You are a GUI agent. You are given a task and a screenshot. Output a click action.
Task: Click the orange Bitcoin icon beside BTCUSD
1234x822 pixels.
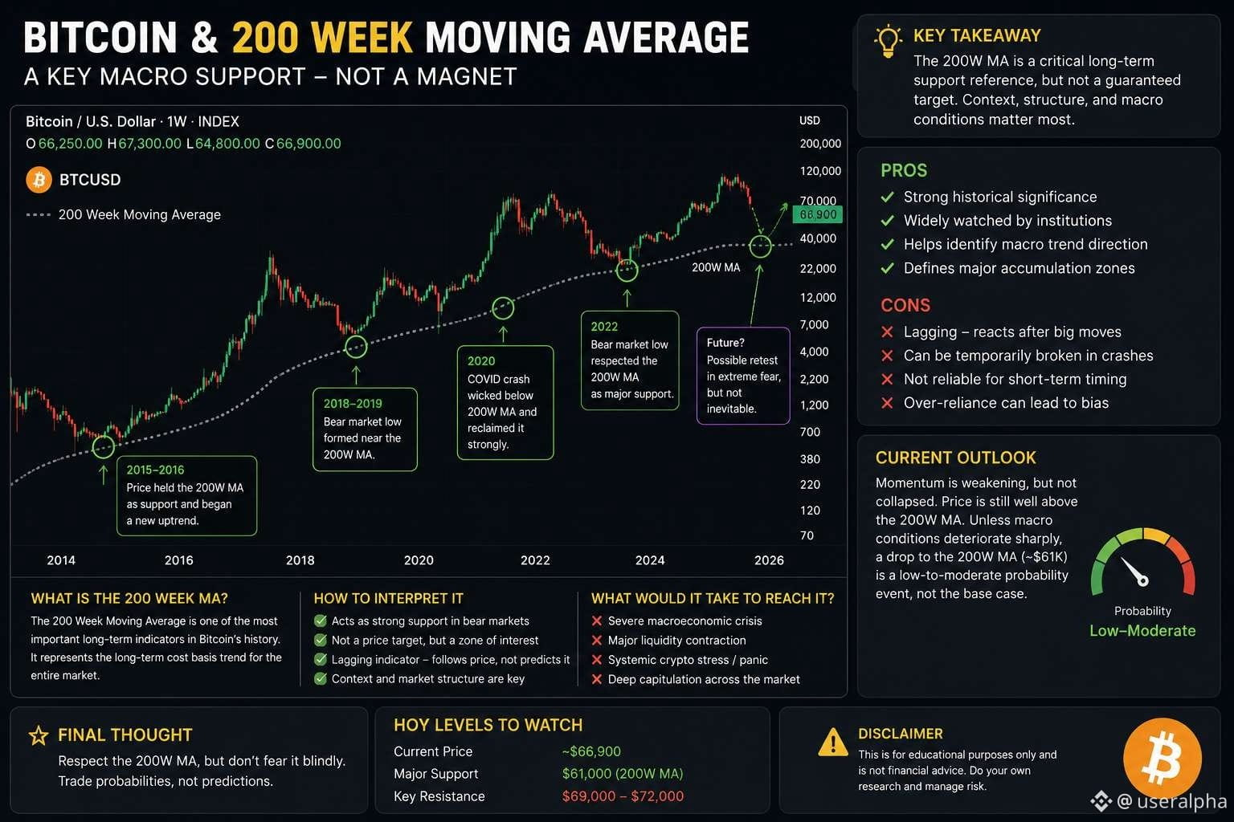(x=39, y=180)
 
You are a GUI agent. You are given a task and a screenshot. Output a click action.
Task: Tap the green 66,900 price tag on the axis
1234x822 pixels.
(x=818, y=214)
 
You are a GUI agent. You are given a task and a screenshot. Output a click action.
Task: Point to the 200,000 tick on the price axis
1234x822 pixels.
(x=820, y=144)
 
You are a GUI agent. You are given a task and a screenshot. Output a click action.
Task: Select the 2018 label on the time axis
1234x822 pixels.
(x=300, y=560)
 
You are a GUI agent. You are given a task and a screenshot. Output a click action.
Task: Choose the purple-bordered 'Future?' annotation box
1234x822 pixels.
(x=743, y=376)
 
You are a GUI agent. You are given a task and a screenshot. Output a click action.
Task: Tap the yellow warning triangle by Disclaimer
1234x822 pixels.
(x=833, y=743)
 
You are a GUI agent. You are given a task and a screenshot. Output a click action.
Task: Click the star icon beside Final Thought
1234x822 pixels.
(x=39, y=735)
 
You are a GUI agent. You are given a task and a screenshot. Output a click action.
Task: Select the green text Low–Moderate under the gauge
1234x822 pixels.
(x=1142, y=630)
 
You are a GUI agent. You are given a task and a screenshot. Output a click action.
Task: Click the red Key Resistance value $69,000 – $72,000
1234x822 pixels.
(x=623, y=796)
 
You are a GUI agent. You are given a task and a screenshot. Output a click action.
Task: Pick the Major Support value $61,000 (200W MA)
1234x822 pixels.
(x=623, y=774)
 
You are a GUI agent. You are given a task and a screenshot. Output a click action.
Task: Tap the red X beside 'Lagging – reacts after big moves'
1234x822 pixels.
(x=887, y=332)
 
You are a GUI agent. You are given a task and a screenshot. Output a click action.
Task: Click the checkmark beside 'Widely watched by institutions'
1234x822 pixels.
(x=887, y=220)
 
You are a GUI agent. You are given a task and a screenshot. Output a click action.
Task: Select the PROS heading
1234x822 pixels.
(x=904, y=171)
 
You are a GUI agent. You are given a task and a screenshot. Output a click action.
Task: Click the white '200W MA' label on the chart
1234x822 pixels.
(x=716, y=267)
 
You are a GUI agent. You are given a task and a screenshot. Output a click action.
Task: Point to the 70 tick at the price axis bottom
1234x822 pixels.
(x=807, y=535)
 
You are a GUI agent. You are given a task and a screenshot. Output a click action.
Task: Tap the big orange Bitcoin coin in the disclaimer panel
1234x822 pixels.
(x=1162, y=758)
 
